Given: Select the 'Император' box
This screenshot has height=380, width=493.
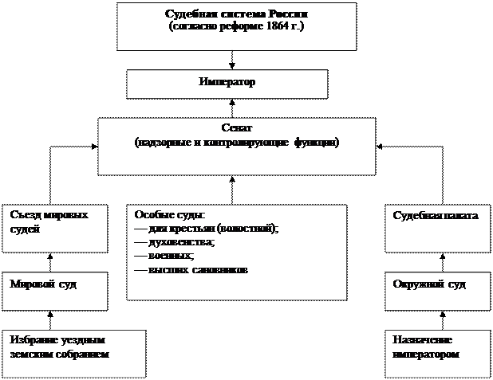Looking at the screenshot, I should coord(227,84).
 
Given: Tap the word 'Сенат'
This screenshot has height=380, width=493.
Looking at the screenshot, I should coord(236,127).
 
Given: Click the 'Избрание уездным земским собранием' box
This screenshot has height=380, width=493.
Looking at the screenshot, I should coord(73,353).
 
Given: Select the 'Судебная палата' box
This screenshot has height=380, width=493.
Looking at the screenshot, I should coord(436,229).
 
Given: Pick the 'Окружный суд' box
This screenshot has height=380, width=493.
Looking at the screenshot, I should coord(436,292).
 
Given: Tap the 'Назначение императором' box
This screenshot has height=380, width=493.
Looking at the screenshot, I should coord(436,353).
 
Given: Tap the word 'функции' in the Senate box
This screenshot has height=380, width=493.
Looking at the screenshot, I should coord(314,142).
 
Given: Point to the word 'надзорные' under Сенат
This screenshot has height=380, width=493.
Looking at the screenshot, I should coord(163,142).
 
